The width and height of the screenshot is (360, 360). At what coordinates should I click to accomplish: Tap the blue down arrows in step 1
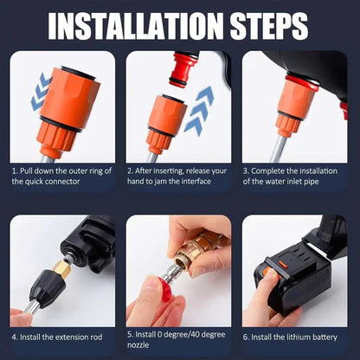pyautogui.click(x=40, y=93)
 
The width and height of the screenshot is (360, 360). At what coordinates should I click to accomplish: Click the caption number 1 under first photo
pyautogui.click(x=15, y=170)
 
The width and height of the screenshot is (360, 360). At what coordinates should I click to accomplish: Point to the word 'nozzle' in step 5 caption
pyautogui.click(x=143, y=346)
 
